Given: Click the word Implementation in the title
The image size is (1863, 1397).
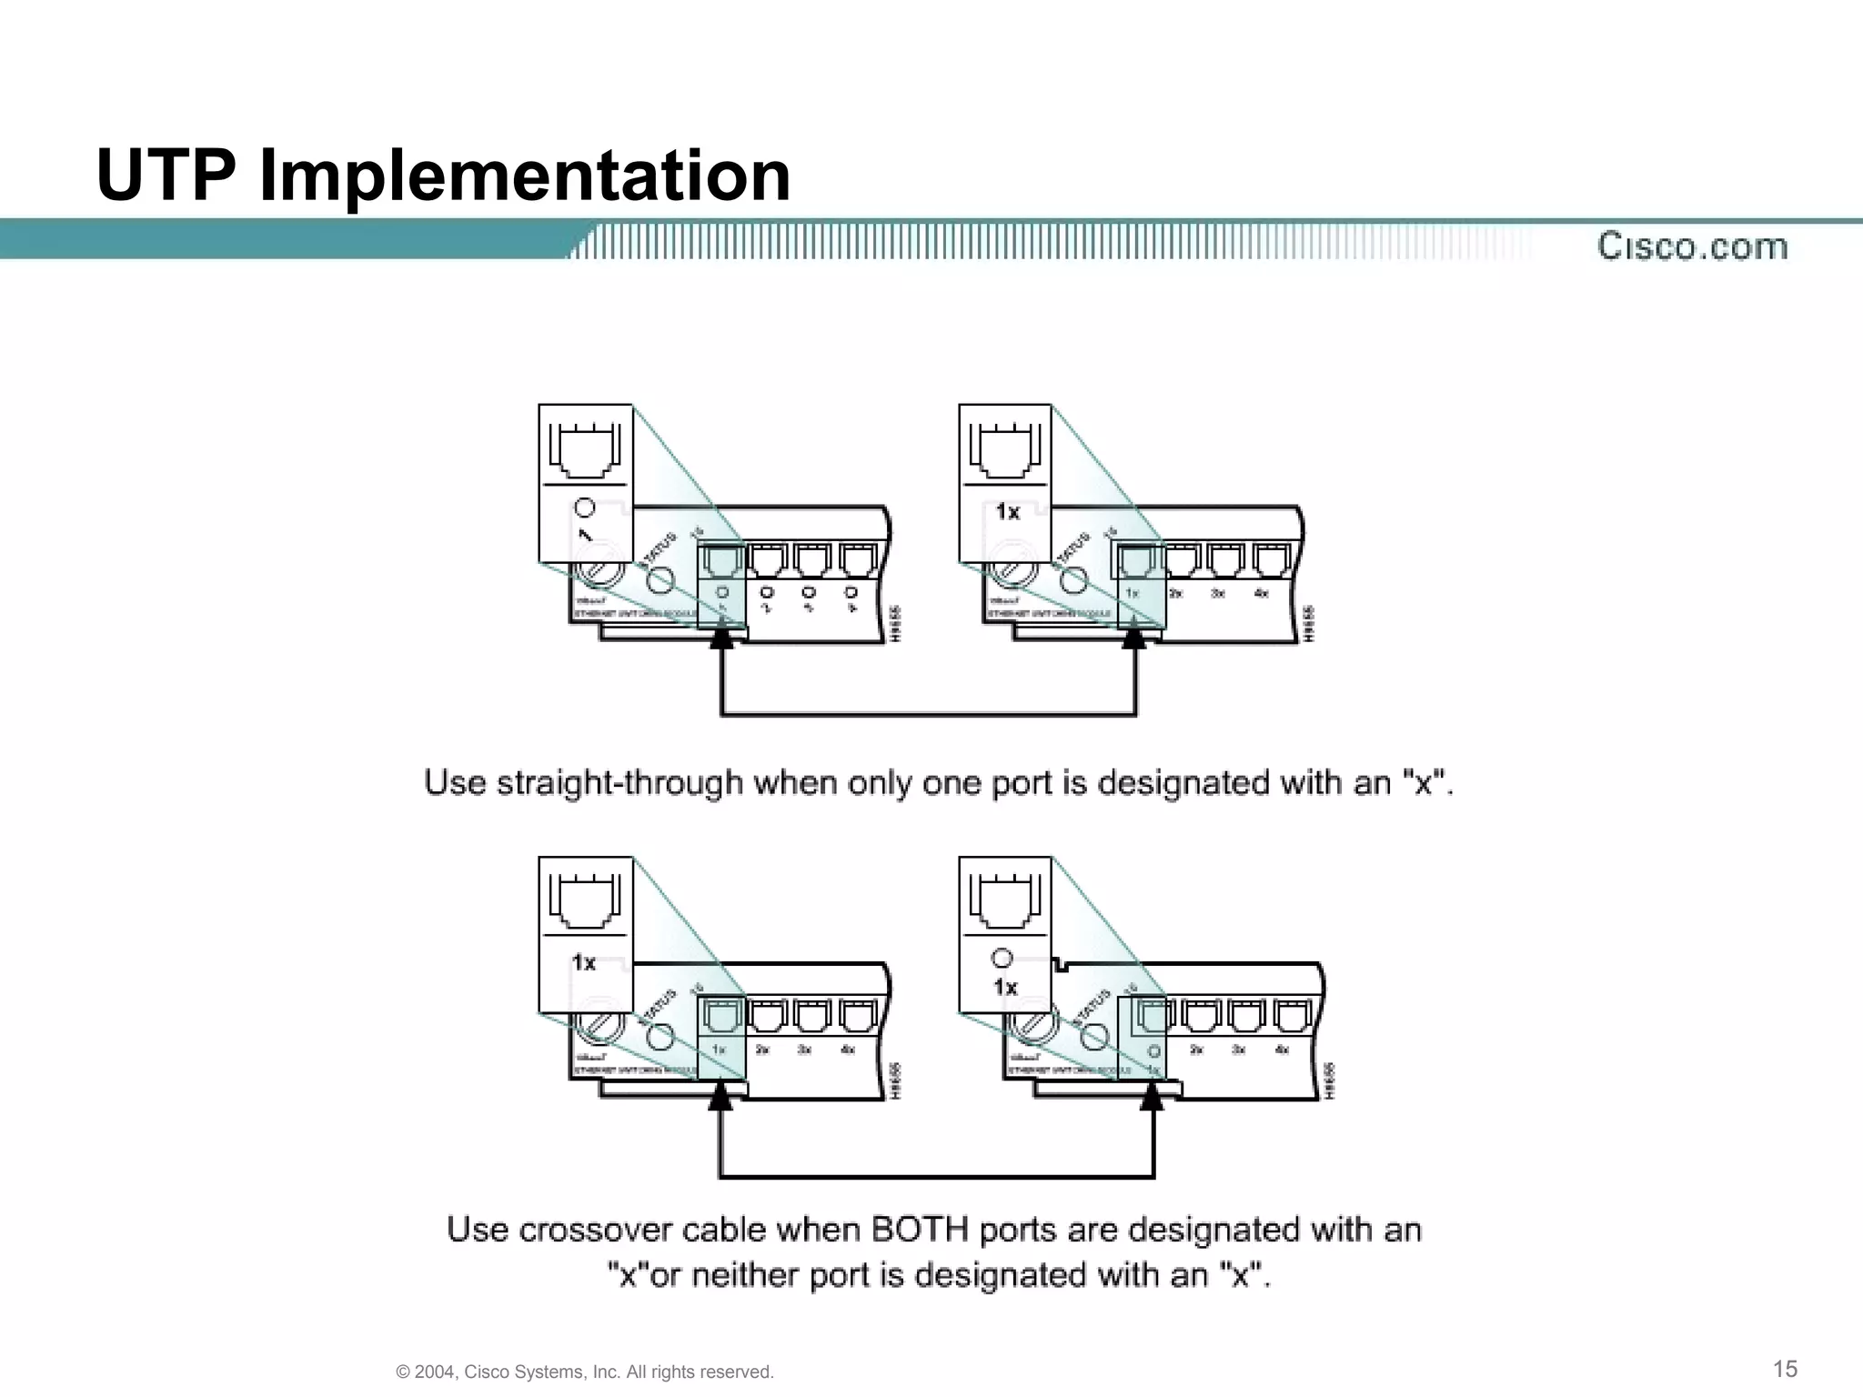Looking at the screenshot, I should click(525, 176).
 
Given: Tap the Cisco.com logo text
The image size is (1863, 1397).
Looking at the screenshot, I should click(1692, 246).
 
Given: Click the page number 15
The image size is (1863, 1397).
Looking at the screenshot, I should click(1786, 1368).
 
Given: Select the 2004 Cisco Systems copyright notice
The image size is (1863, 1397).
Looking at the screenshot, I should click(585, 1372).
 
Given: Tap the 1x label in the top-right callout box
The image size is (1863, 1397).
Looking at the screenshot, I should click(1007, 512).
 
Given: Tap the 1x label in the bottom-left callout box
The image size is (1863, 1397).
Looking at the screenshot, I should click(584, 962).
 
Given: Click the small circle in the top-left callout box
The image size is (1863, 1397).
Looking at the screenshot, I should click(585, 508).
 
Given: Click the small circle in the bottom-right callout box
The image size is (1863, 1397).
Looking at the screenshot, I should click(1002, 958).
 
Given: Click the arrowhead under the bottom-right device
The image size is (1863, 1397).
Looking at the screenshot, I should click(1153, 1099).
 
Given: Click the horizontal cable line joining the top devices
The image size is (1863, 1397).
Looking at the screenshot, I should click(928, 714).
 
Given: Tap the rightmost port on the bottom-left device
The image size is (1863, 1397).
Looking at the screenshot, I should click(858, 1014).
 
